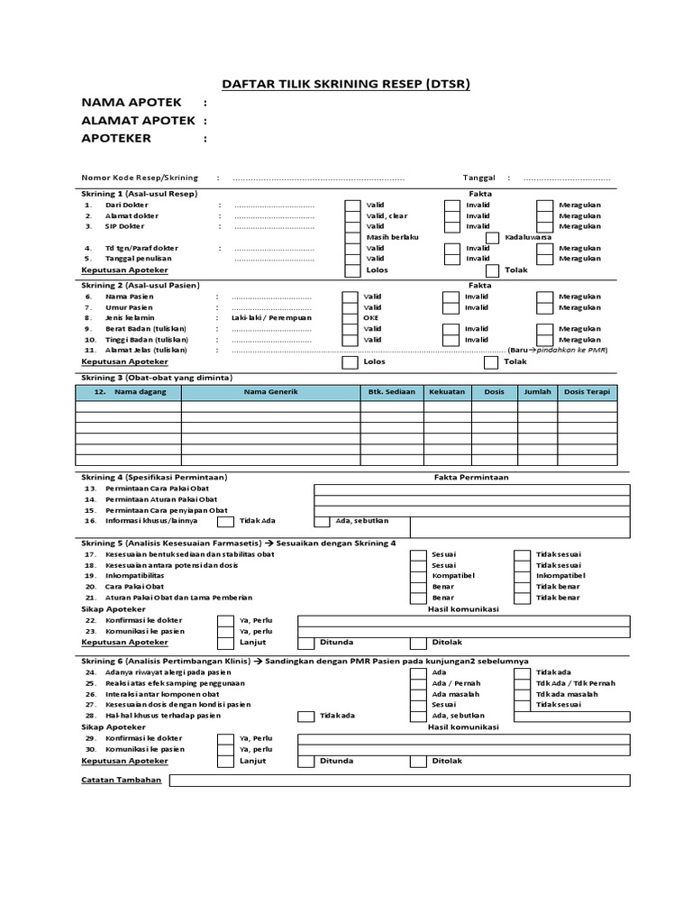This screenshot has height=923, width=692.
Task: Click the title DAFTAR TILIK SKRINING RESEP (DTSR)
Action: (347, 85)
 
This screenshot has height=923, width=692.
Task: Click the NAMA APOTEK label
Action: (131, 103)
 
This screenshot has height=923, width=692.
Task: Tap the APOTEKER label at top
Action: (116, 138)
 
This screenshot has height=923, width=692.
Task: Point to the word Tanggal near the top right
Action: (479, 178)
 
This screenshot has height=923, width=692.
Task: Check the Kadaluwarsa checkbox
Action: (492, 237)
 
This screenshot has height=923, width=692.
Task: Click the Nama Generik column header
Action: (269, 392)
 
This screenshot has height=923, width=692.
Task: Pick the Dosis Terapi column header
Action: (587, 392)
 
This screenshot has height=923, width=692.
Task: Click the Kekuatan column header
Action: (447, 392)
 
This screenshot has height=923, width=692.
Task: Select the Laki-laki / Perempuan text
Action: (271, 318)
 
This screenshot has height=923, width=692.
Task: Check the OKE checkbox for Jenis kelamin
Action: (350, 318)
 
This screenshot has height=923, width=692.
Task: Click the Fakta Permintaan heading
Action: (471, 477)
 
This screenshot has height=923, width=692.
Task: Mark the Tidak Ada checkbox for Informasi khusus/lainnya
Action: (225, 521)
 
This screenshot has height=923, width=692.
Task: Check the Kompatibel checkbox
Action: (416, 575)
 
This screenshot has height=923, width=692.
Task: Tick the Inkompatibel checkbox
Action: (521, 575)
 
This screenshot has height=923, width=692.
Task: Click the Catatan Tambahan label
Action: (122, 780)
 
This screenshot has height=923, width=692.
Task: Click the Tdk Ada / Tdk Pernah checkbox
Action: (521, 683)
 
